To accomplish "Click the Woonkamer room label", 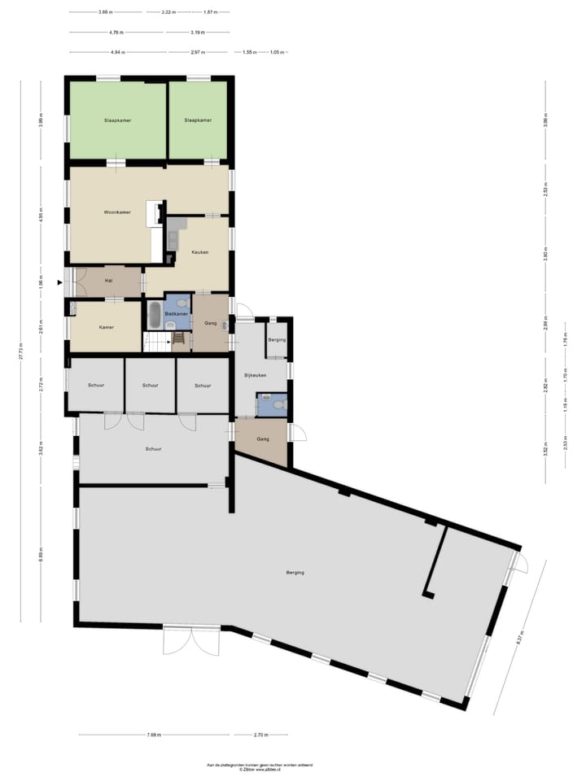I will [117, 212].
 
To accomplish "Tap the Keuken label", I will [199, 252].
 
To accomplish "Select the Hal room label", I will [108, 281].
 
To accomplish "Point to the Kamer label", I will [107, 327].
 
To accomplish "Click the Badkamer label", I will [177, 313].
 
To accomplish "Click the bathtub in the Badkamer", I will [155, 315].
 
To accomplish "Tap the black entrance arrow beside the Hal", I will [59, 282].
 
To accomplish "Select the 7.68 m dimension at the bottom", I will [154, 735].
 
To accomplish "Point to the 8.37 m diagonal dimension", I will [518, 639].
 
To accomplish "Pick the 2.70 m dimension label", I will [260, 735].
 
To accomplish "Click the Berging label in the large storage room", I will [295, 573].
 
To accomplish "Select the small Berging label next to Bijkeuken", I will [278, 339].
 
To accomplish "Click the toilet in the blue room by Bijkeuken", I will [279, 404].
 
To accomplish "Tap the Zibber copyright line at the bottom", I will [260, 769].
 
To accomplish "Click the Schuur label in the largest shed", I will [153, 448].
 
